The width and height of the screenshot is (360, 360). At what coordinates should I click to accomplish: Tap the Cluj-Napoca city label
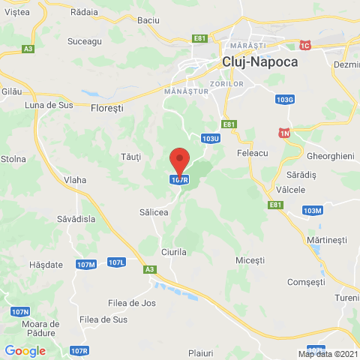(259, 63)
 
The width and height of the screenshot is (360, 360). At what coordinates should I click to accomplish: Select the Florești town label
(106, 108)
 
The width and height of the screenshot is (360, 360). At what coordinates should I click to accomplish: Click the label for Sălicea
(154, 213)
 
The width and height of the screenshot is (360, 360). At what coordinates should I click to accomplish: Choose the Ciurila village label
(173, 252)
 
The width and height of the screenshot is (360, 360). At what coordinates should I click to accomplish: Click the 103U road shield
(211, 138)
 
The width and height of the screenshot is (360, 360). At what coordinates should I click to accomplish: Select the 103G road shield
(284, 99)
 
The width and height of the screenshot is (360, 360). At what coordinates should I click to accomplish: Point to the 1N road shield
(284, 133)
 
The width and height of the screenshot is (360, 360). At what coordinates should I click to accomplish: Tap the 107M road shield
(86, 265)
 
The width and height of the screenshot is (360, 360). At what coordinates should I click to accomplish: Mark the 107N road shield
(20, 311)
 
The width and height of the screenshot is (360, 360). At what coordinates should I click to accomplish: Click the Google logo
(25, 350)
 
